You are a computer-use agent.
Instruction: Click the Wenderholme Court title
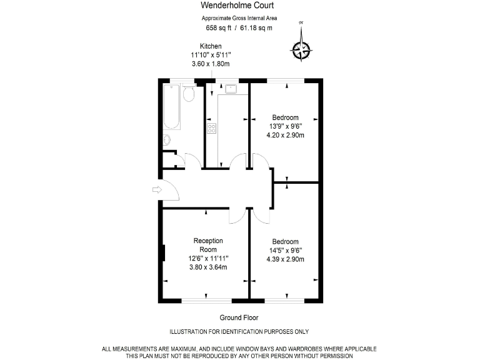click(x=239, y=6)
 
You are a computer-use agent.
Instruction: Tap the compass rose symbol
click(x=302, y=48)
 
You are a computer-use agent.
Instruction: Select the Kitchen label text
click(x=211, y=46)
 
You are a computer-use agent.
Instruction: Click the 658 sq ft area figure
click(x=219, y=28)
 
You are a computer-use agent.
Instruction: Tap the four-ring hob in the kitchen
click(x=211, y=129)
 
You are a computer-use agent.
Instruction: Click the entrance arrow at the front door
click(x=156, y=189)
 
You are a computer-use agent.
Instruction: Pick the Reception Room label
click(x=208, y=245)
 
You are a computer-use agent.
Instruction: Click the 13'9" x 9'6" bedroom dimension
click(x=285, y=126)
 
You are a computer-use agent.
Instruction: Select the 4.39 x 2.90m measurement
click(x=285, y=259)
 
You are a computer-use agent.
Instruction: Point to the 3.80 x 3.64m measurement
click(x=208, y=267)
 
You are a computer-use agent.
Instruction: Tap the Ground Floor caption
click(x=239, y=317)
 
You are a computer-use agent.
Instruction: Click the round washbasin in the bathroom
click(x=166, y=140)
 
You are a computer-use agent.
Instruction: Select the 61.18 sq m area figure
click(x=257, y=28)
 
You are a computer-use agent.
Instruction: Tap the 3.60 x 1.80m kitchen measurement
click(x=211, y=64)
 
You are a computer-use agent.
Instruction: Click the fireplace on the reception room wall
click(x=164, y=253)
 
